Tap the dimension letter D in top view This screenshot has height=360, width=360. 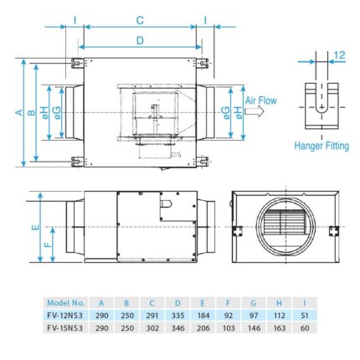tap(140, 39)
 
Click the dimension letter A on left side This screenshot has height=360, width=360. tap(19, 111)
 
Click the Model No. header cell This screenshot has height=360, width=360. tap(66, 302)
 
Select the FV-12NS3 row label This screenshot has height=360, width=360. tap(66, 315)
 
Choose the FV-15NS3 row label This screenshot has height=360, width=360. tap(66, 328)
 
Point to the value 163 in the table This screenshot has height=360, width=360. tap(280, 328)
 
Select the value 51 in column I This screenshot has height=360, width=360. tap(306, 315)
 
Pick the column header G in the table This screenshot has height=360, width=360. tap(255, 302)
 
